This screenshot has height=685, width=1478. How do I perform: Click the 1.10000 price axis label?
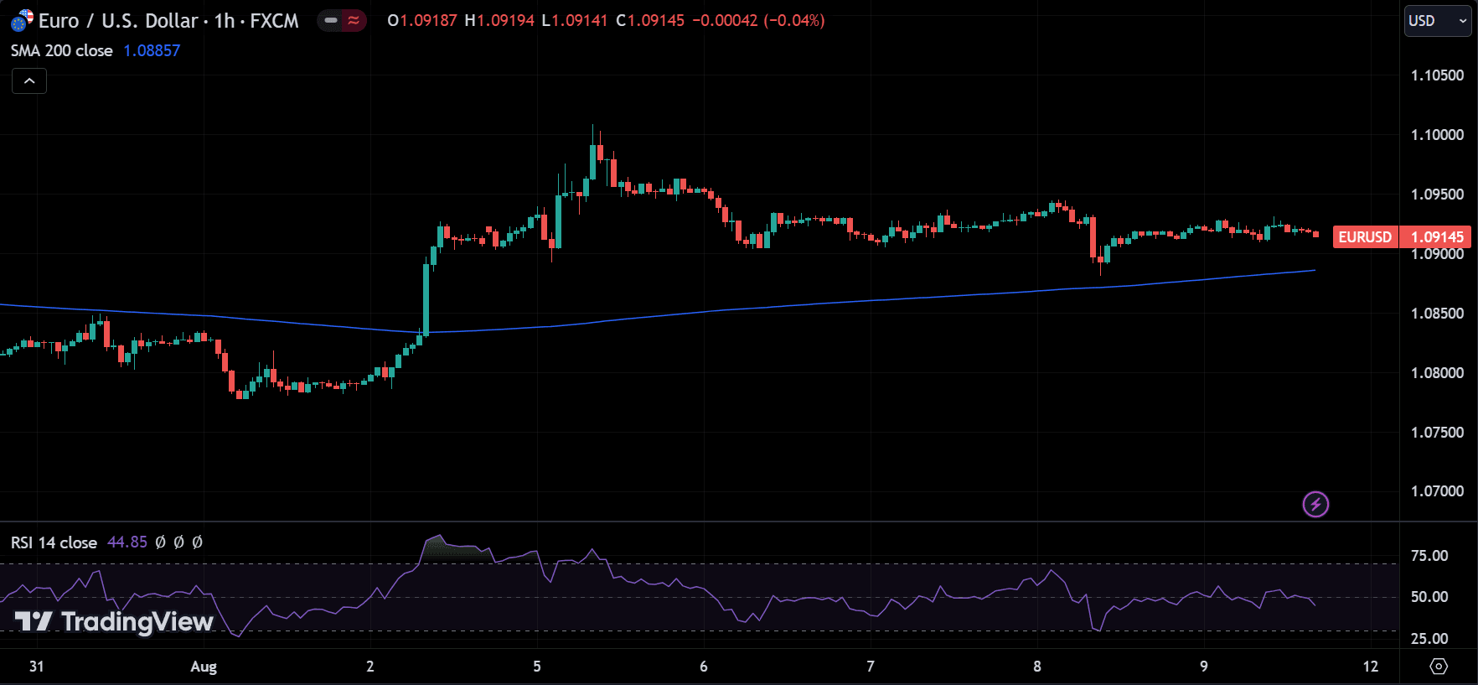(x=1437, y=135)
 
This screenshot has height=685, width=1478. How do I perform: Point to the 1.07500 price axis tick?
(x=1437, y=433)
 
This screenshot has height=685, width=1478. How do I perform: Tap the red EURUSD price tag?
(x=1364, y=237)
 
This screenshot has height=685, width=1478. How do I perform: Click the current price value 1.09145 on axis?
(x=1437, y=237)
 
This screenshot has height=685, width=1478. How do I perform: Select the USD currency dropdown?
(x=1436, y=21)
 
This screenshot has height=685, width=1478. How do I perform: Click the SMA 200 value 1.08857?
(x=152, y=51)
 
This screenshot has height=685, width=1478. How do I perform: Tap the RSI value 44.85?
(x=127, y=542)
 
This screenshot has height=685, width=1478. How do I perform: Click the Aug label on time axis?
(x=204, y=667)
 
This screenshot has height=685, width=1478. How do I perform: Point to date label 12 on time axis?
(x=1370, y=667)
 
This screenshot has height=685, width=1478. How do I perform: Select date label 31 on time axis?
(x=37, y=667)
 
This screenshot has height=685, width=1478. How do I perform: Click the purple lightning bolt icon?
(x=1315, y=505)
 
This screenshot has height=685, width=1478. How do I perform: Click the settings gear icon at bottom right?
(x=1438, y=667)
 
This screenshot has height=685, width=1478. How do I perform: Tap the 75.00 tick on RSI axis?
(x=1429, y=556)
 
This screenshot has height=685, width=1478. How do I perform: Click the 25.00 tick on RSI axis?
(x=1429, y=639)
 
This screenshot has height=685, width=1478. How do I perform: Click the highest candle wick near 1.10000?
(x=592, y=132)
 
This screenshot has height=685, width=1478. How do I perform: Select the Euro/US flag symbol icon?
(x=22, y=20)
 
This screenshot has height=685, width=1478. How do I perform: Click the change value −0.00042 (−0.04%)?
(x=758, y=21)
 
